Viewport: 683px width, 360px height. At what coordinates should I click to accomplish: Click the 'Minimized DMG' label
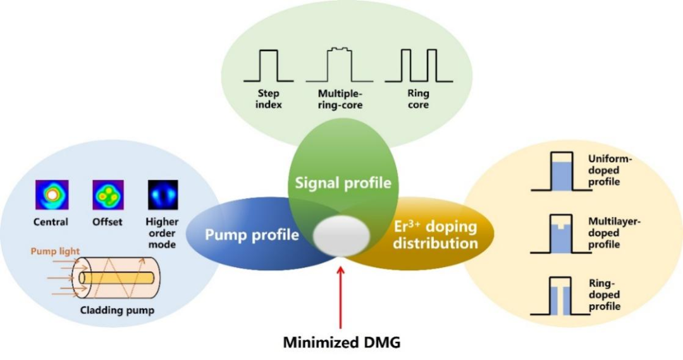pyautogui.click(x=342, y=342)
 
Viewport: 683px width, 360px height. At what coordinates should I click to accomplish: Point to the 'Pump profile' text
pyautogui.click(x=251, y=235)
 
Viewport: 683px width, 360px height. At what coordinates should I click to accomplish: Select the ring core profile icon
pyautogui.click(x=417, y=66)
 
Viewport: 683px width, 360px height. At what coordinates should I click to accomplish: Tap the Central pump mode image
pyautogui.click(x=52, y=196)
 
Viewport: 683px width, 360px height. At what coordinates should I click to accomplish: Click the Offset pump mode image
pyautogui.click(x=108, y=196)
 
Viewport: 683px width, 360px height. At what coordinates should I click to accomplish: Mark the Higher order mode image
pyautogui.click(x=163, y=196)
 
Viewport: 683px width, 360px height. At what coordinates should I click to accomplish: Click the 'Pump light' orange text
pyautogui.click(x=56, y=251)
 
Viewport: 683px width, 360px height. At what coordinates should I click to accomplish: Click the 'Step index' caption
pyautogui.click(x=269, y=99)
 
